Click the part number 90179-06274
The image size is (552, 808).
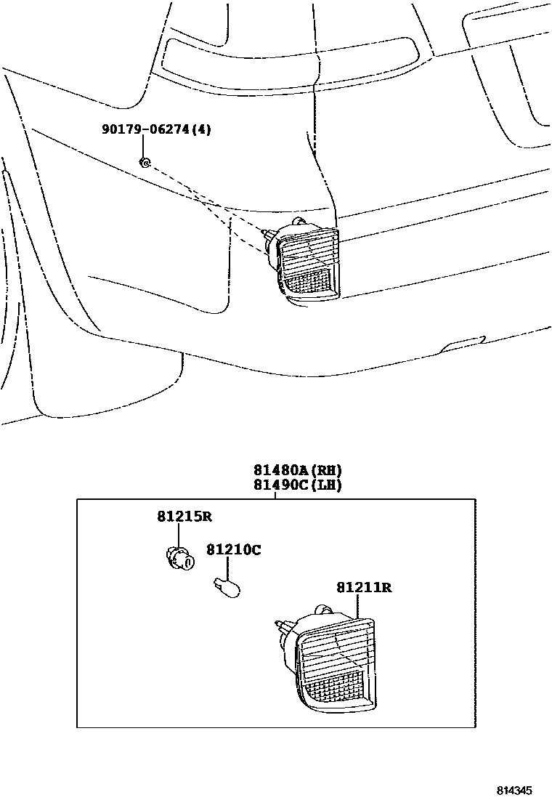pyautogui.click(x=145, y=130)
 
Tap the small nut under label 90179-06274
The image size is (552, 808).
pyautogui.click(x=145, y=162)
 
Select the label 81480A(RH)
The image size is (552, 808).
pyautogui.click(x=297, y=469)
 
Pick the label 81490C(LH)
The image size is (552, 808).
pyautogui.click(x=297, y=485)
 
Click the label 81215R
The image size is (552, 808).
pyautogui.click(x=184, y=517)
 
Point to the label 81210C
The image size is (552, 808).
pyautogui.click(x=233, y=550)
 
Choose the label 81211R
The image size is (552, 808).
pyautogui.click(x=363, y=588)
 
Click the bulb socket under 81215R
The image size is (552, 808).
pyautogui.click(x=179, y=558)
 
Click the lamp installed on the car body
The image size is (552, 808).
pyautogui.click(x=305, y=262)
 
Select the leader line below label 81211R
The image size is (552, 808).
pyautogui.click(x=358, y=607)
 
